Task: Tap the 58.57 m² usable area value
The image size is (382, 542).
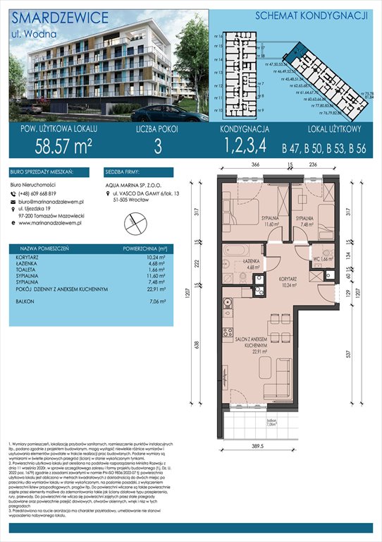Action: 63,147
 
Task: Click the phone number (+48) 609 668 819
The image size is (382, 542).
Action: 43,194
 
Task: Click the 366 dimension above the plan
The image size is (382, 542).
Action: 257,165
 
